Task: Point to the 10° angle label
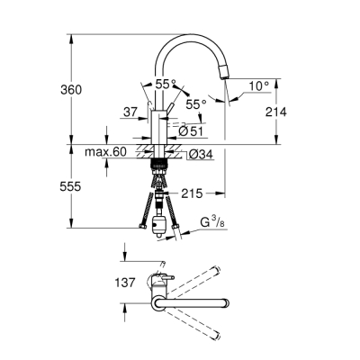259,85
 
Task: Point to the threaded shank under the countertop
160,166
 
